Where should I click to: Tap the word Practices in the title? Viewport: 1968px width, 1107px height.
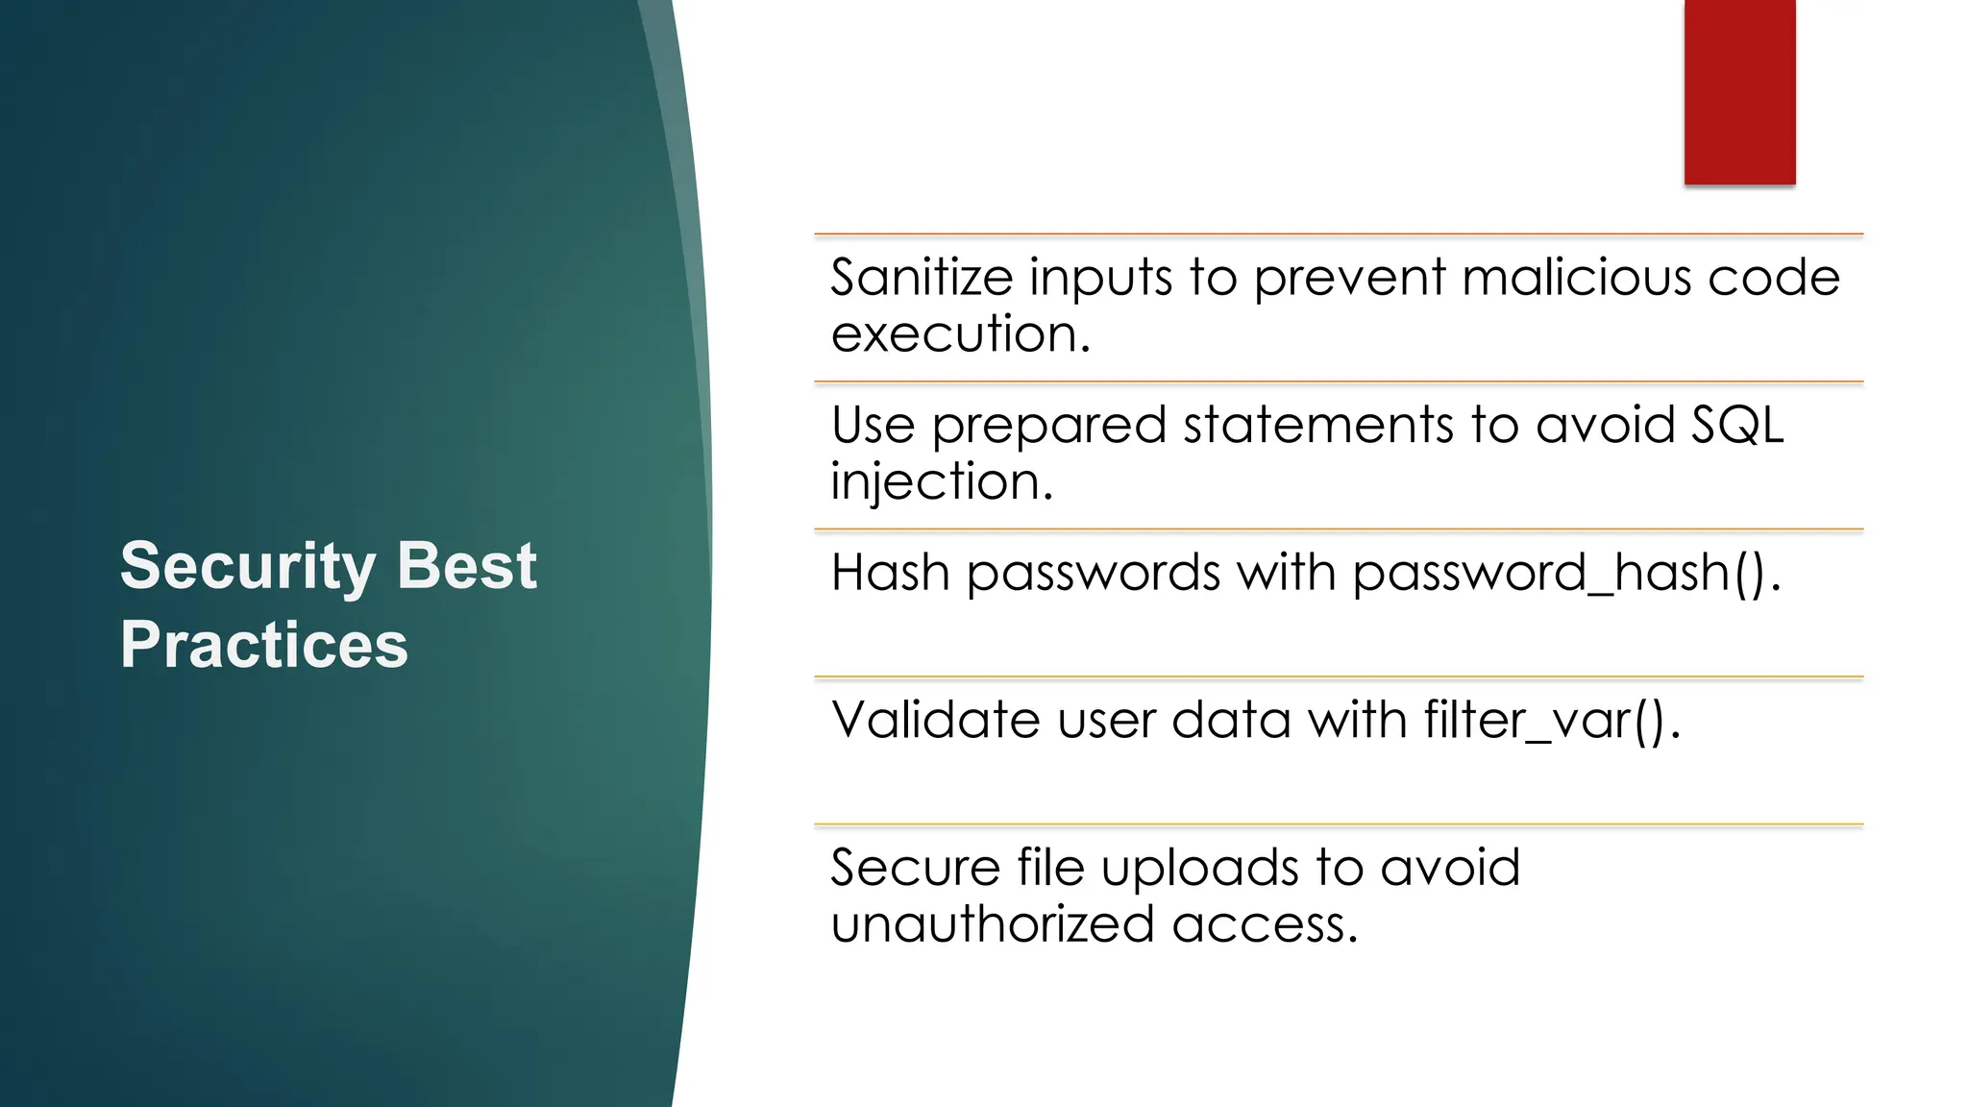tap(263, 645)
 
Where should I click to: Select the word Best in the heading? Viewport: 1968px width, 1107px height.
tap(466, 566)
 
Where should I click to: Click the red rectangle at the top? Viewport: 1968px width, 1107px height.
tap(1739, 91)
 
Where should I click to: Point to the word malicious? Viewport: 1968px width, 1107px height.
tap(1576, 278)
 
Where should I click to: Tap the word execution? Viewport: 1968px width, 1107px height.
tap(959, 334)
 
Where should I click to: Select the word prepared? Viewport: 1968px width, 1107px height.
tap(1048, 426)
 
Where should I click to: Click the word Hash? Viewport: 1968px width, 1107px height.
tap(890, 573)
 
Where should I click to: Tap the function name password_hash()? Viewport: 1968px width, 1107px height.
tap(1564, 574)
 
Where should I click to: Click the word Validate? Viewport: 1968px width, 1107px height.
tap(935, 720)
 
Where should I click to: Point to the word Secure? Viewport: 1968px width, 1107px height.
tap(915, 868)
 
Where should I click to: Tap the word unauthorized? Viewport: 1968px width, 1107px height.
tap(992, 924)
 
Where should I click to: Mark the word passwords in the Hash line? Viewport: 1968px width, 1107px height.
tap(1094, 574)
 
